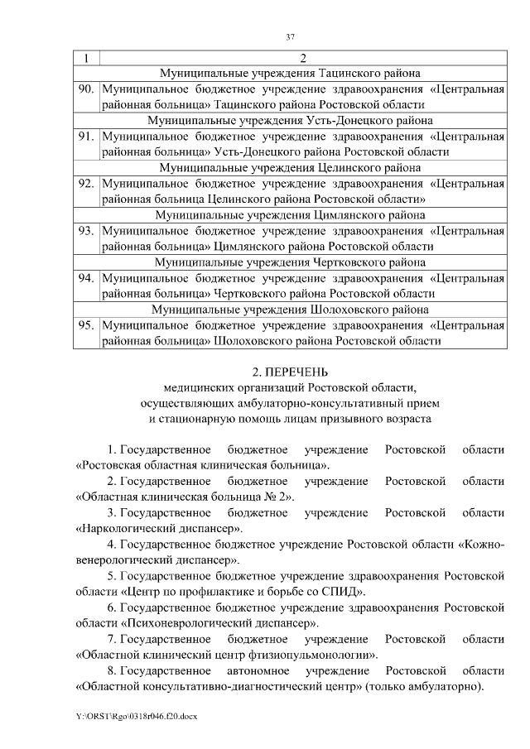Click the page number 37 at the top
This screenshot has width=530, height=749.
[x=290, y=37]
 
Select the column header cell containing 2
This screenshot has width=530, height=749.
[x=302, y=58]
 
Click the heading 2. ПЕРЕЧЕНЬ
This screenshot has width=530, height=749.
[x=290, y=370]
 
